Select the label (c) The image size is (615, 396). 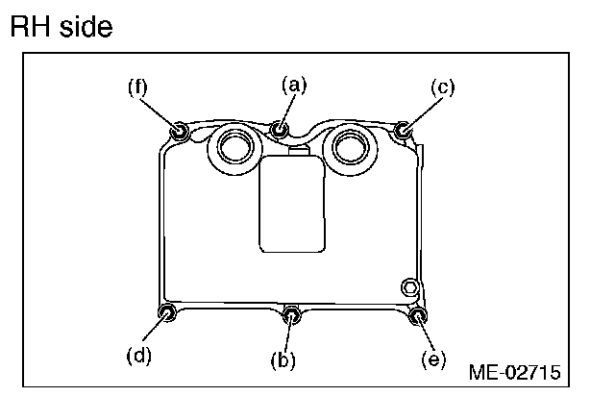click(443, 87)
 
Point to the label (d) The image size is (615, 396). click(139, 356)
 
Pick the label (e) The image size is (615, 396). click(434, 359)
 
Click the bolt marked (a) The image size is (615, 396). click(281, 127)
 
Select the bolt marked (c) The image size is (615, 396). click(404, 129)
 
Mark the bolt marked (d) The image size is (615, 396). click(166, 313)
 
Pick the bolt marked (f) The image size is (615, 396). click(179, 130)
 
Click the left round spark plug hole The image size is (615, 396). click(234, 146)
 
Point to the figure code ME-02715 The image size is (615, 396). click(515, 371)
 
